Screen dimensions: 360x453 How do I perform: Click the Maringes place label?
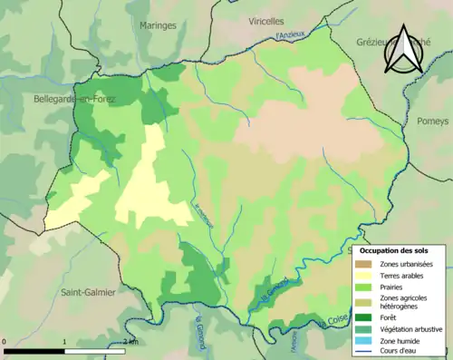158,26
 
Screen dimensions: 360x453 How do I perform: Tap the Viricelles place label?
266,20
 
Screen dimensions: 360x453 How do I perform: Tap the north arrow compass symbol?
403,44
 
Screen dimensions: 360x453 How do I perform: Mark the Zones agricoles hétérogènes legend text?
405,302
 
